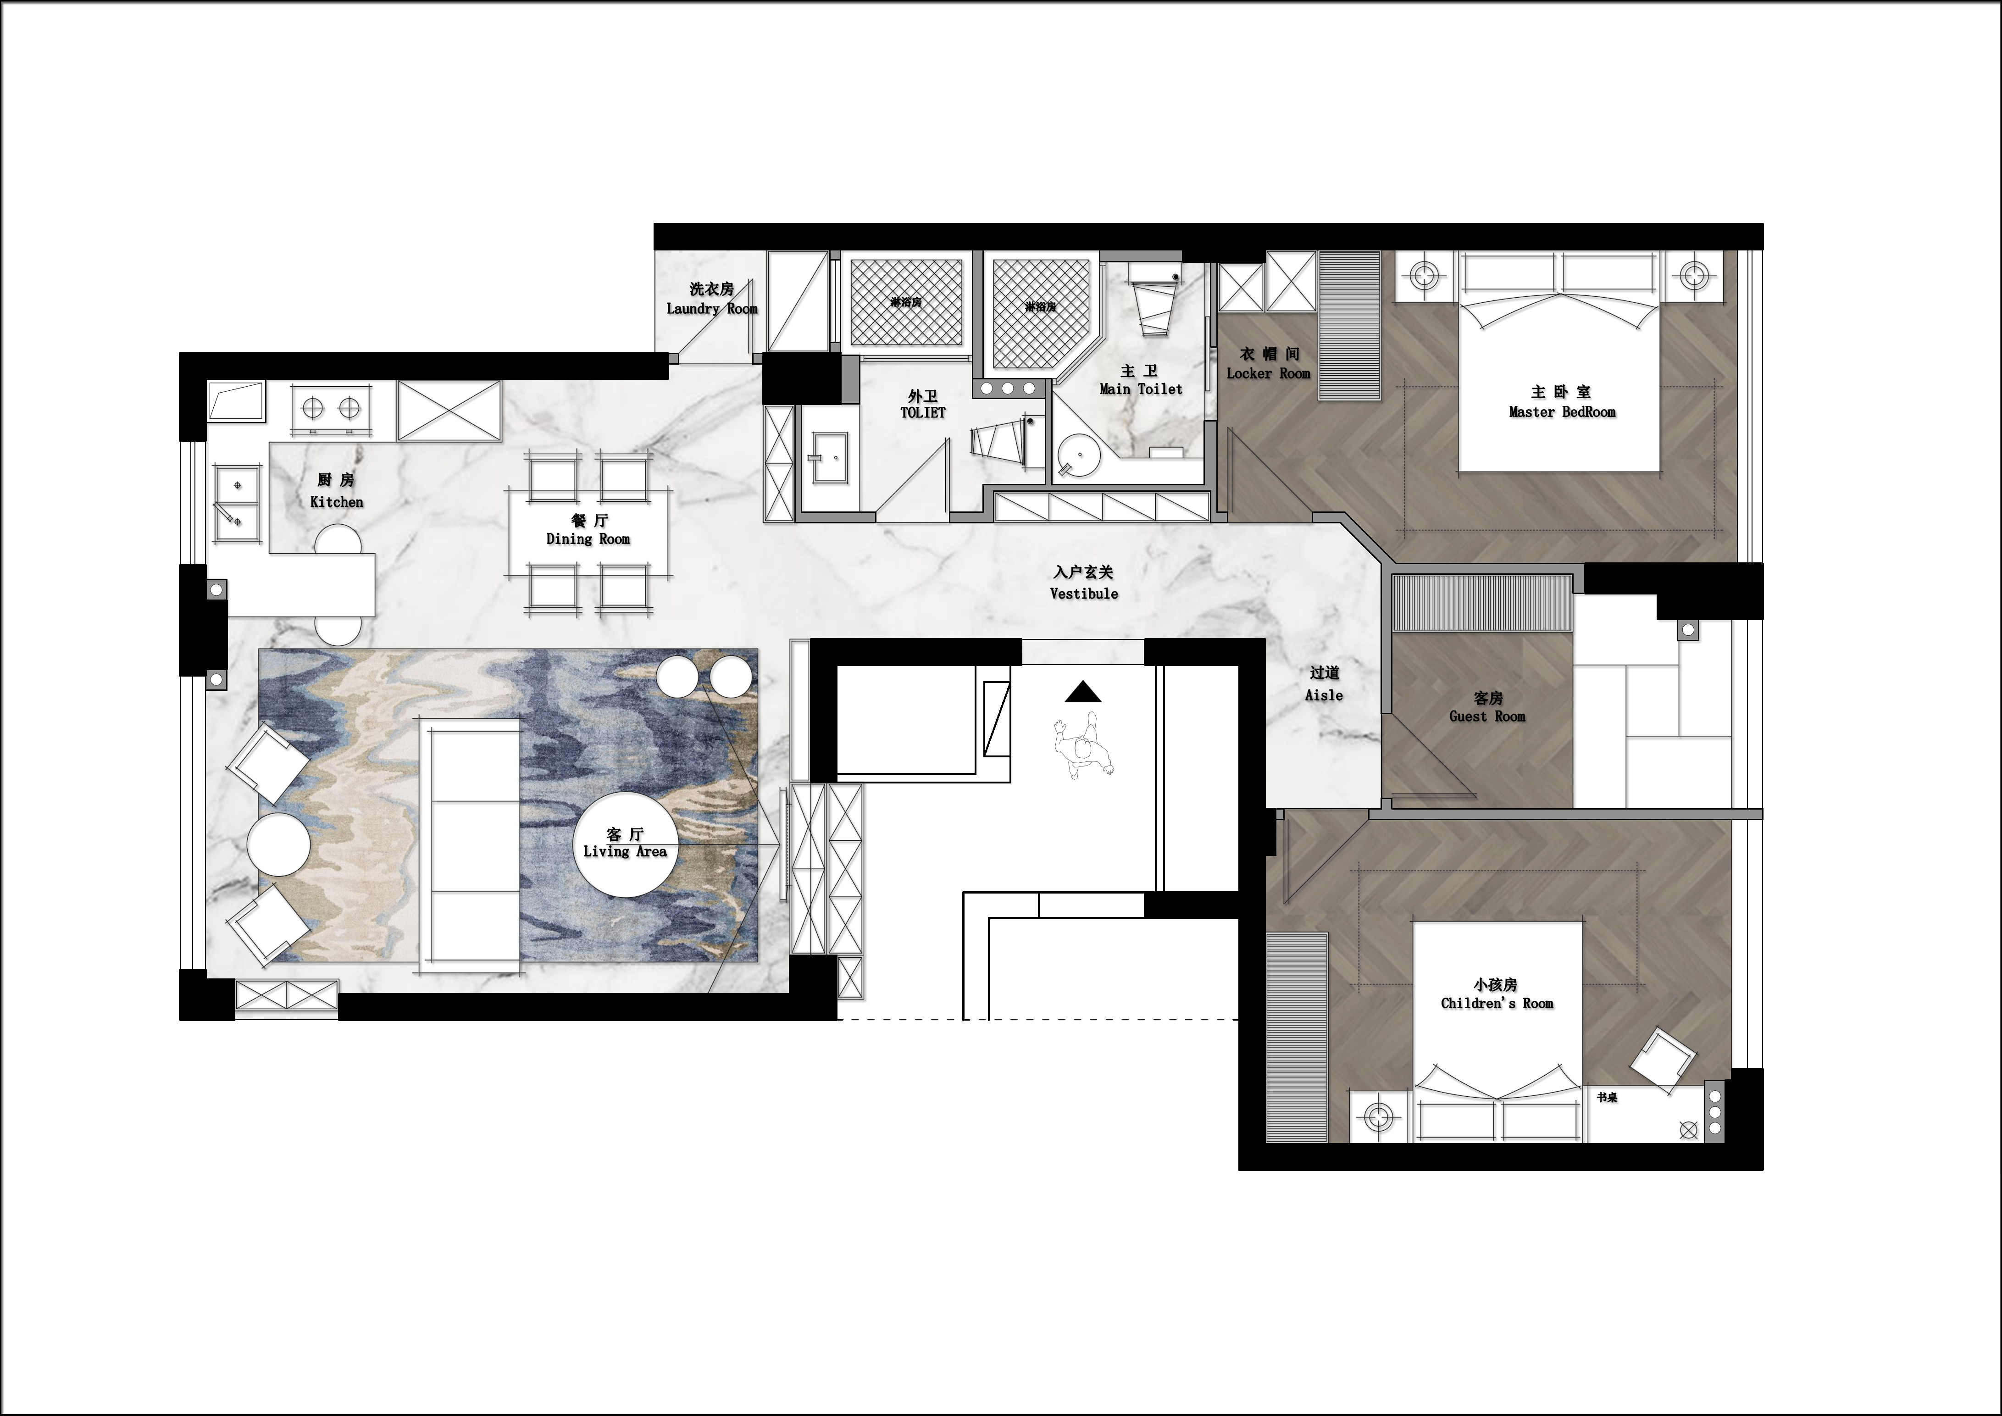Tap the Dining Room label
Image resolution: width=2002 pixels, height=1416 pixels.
point(588,539)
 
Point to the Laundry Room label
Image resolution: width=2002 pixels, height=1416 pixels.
point(711,309)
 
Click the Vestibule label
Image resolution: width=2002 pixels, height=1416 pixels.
point(1084,594)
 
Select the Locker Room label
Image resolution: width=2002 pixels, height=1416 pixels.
point(1269,373)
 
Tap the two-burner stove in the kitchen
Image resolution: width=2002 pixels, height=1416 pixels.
point(331,407)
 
